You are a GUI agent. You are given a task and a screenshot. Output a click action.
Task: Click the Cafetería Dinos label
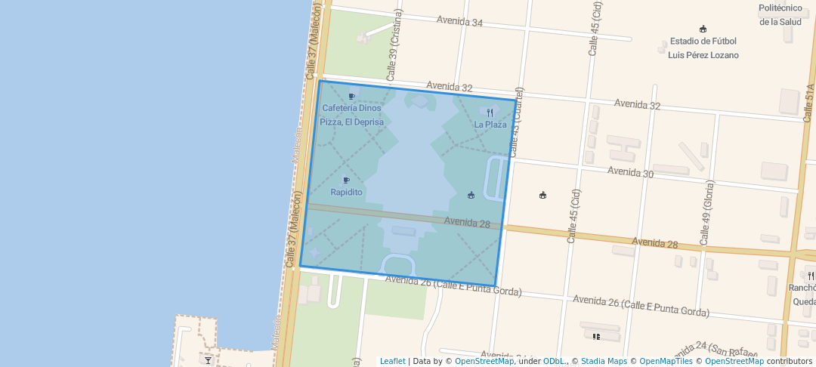351,108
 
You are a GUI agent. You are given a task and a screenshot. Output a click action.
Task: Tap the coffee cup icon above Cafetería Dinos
351,96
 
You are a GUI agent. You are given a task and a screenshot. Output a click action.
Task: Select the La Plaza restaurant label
490,125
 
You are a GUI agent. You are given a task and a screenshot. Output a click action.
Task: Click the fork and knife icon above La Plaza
490,113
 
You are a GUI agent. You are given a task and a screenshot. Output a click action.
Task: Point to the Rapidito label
346,193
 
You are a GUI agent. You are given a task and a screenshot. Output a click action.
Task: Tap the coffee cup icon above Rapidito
346,180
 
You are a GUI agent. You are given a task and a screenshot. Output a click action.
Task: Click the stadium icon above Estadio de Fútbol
703,29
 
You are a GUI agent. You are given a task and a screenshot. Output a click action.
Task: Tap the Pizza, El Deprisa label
351,122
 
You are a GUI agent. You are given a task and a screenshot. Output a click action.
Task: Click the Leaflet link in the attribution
392,361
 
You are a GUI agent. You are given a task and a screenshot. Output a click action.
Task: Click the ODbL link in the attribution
553,361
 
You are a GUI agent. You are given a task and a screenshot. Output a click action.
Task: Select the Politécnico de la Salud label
779,14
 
